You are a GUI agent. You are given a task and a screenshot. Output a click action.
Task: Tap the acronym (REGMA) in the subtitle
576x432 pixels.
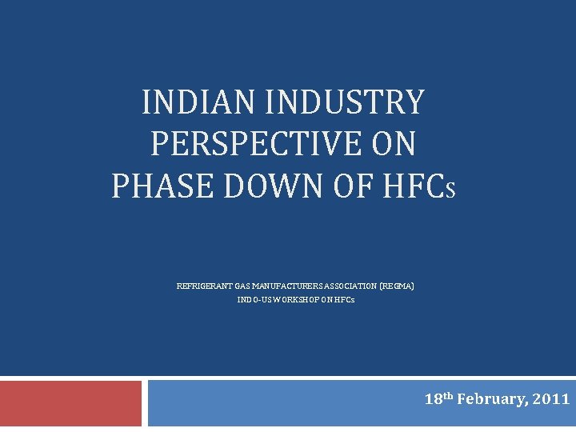[397, 286]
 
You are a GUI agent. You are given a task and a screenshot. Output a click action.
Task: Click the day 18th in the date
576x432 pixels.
[438, 398]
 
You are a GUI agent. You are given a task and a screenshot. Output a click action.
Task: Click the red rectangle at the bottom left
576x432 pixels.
[70, 403]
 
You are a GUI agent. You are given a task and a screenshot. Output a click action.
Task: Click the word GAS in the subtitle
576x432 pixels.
[244, 286]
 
